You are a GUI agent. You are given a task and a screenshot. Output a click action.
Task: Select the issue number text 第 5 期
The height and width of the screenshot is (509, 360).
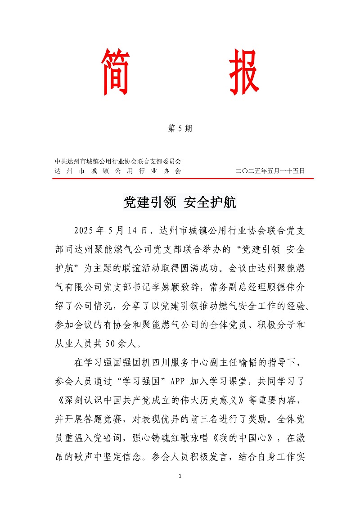180,129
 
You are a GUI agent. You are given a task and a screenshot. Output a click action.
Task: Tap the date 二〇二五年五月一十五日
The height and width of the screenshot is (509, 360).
270,171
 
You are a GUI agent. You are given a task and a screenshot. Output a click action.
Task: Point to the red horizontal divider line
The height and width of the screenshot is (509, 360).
183,179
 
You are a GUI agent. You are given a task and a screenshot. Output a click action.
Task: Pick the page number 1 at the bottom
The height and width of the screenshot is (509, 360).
180,476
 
